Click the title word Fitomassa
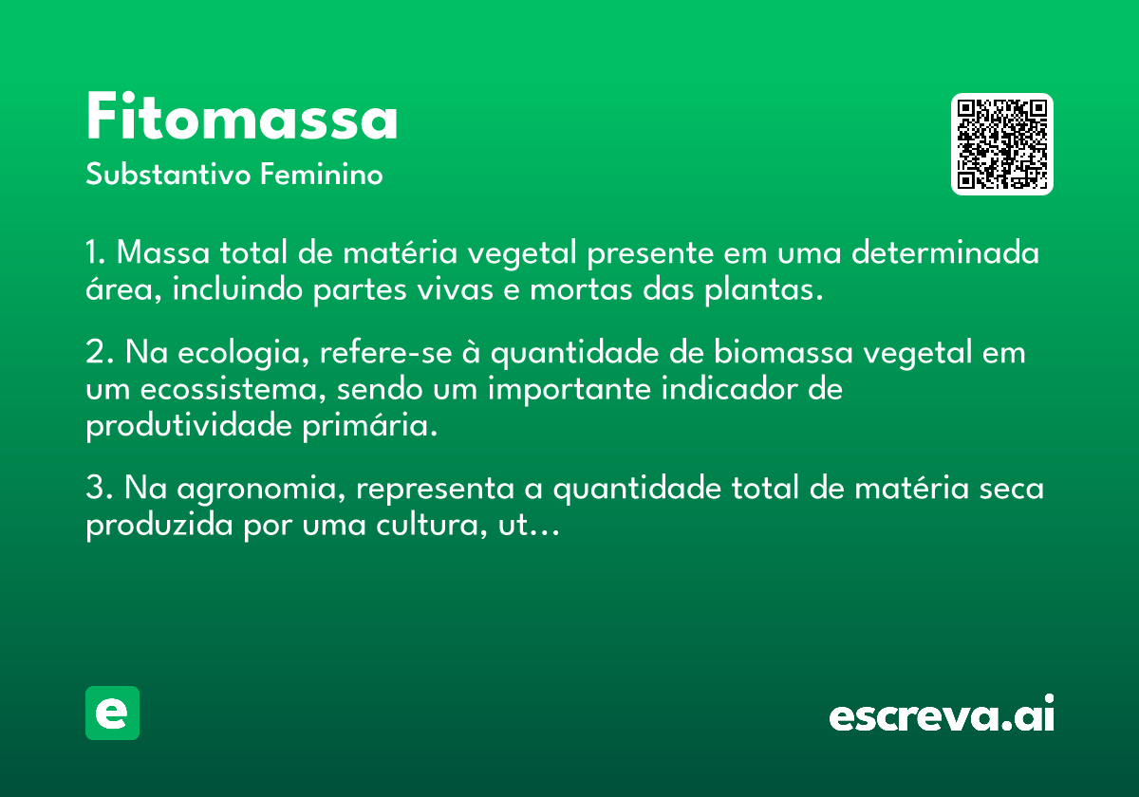pyautogui.click(x=242, y=116)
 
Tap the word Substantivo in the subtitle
pyautogui.click(x=168, y=174)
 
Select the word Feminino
pyautogui.click(x=322, y=174)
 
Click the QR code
pyautogui.click(x=1001, y=144)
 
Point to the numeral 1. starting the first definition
pyautogui.click(x=96, y=252)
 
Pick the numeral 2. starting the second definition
pyautogui.click(x=100, y=351)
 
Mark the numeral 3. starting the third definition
pyautogui.click(x=100, y=487)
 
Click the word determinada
pyautogui.click(x=945, y=252)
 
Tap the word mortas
pyautogui.click(x=582, y=289)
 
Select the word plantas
pyautogui.click(x=764, y=290)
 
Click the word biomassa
pyautogui.click(x=783, y=351)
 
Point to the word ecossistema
pyautogui.click(x=233, y=389)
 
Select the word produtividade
pyautogui.click(x=189, y=426)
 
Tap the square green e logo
pyautogui.click(x=112, y=713)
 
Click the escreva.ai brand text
pyautogui.click(x=942, y=713)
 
